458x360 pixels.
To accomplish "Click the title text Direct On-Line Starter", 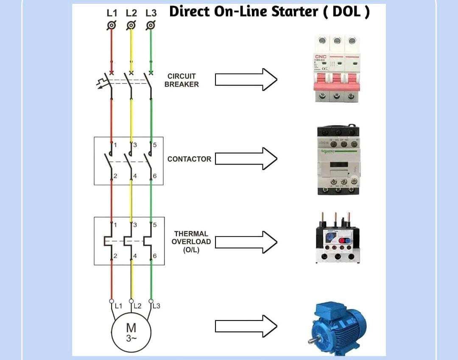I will [269, 12].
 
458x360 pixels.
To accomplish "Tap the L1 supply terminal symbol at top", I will [111, 25].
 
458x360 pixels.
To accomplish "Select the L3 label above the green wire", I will [151, 13].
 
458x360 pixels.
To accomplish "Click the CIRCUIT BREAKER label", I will [182, 80].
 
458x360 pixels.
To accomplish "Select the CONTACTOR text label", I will [189, 159].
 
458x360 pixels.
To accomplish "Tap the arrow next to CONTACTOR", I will [246, 159].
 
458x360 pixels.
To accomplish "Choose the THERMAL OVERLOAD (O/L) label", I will [191, 242].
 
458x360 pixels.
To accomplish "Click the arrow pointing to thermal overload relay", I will [246, 242].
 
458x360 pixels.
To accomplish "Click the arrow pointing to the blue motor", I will [246, 326].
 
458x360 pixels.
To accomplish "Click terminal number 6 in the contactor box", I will [155, 176].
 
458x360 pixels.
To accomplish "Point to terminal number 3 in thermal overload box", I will [135, 225].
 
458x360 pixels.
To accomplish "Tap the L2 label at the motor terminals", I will [137, 306].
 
